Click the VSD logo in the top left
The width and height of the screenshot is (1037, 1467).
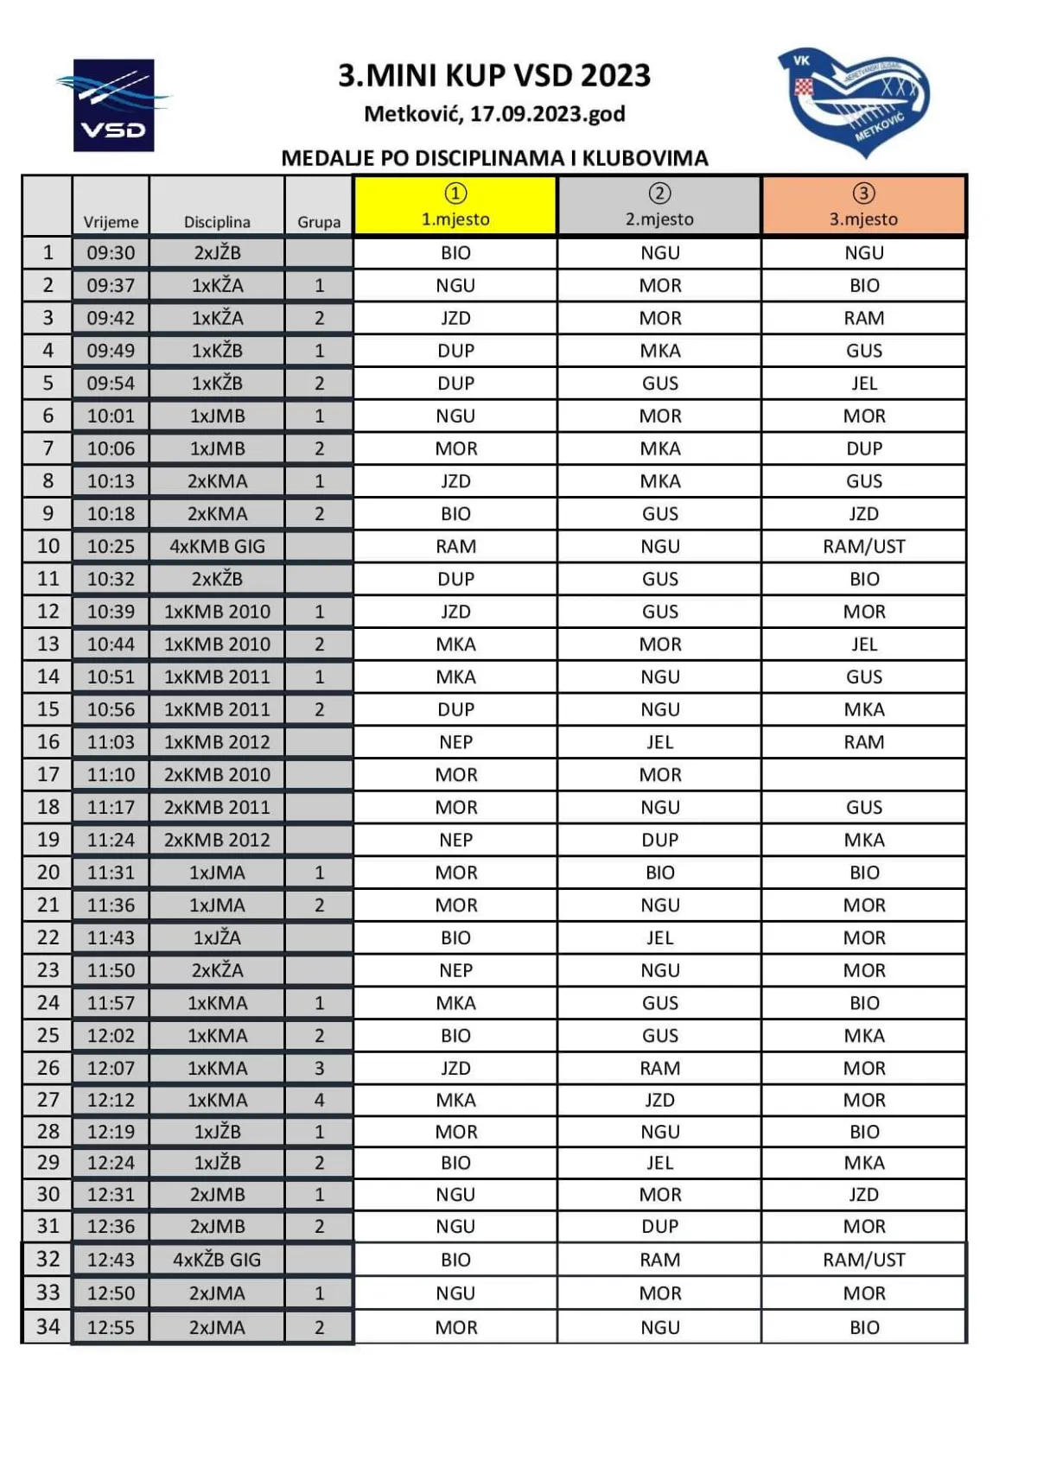pyautogui.click(x=114, y=105)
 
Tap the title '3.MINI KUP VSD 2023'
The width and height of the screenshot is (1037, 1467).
pyautogui.click(x=494, y=76)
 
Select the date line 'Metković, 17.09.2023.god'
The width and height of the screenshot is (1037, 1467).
pyautogui.click(x=494, y=114)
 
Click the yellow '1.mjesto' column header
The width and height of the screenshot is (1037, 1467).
pyautogui.click(x=455, y=206)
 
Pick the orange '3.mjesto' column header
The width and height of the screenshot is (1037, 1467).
pyautogui.click(x=863, y=206)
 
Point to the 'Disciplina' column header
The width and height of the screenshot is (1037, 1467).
pyautogui.click(x=217, y=222)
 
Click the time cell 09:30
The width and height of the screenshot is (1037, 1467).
pyautogui.click(x=111, y=252)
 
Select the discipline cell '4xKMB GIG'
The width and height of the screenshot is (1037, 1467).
pyautogui.click(x=217, y=546)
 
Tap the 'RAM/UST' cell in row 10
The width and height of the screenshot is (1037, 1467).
pyautogui.click(x=863, y=546)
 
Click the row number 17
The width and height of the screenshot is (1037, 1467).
pyautogui.click(x=48, y=774)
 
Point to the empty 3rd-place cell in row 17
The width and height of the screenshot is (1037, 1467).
pyautogui.click(x=863, y=774)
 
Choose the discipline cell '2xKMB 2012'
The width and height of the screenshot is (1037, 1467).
pyautogui.click(x=217, y=840)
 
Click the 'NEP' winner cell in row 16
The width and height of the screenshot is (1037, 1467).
pyautogui.click(x=455, y=742)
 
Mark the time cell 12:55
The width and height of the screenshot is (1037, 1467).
pyautogui.click(x=111, y=1327)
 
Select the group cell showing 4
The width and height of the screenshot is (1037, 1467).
pyautogui.click(x=319, y=1100)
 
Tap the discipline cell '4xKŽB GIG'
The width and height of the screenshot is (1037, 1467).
pyautogui.click(x=217, y=1260)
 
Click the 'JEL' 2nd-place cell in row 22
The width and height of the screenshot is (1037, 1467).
pyautogui.click(x=659, y=937)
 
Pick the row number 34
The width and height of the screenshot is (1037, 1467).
pyautogui.click(x=48, y=1326)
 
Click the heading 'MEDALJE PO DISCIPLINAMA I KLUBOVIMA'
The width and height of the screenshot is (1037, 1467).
pyautogui.click(x=494, y=158)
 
